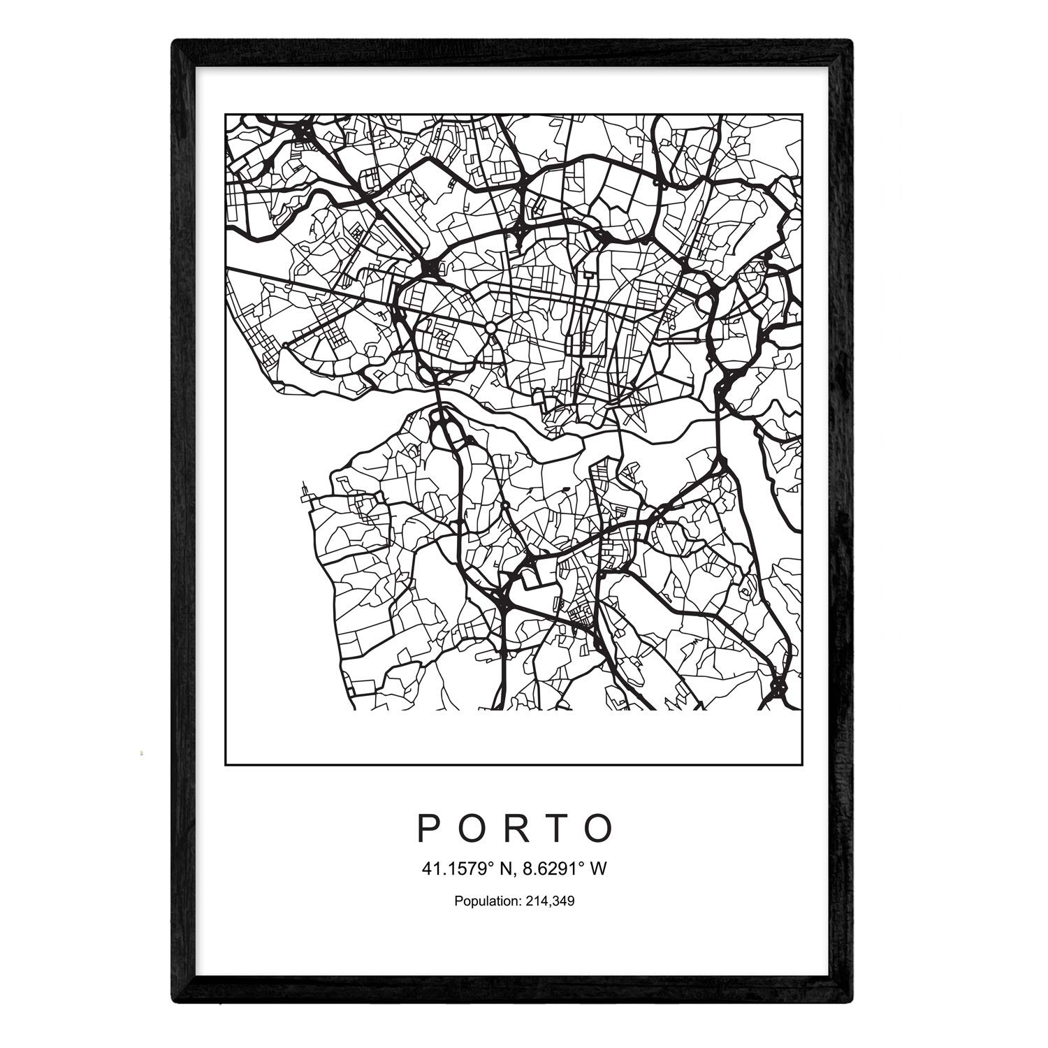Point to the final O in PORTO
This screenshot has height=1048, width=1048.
pyautogui.click(x=601, y=828)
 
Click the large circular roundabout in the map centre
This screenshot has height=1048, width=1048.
pyautogui.click(x=491, y=328)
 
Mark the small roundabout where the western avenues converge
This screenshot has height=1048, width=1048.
pyautogui.click(x=286, y=344)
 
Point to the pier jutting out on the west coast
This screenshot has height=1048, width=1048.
pyautogui.click(x=305, y=493)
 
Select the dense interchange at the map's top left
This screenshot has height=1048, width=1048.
pyautogui.click(x=303, y=130)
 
